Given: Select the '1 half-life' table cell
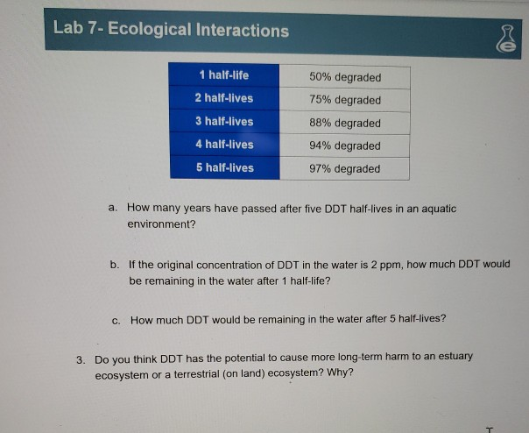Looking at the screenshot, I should (224, 75).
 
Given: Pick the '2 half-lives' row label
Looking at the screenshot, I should (224, 99).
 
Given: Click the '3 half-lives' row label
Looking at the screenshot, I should (224, 122).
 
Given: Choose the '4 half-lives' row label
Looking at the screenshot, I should (224, 145).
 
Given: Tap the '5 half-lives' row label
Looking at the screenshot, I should (224, 167).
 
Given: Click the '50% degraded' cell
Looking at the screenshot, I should (345, 77).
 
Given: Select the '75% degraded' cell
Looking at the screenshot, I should (345, 100).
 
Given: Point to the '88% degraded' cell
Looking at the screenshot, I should (345, 123).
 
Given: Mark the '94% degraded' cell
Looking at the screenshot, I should (345, 146).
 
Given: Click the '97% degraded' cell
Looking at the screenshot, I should (345, 168).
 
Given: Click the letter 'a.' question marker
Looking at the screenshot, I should (113, 209).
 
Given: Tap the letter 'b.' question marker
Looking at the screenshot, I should (115, 264).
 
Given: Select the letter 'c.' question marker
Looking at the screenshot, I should (116, 319).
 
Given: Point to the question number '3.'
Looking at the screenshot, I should (81, 358).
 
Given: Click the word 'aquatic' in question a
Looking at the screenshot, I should (438, 209).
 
